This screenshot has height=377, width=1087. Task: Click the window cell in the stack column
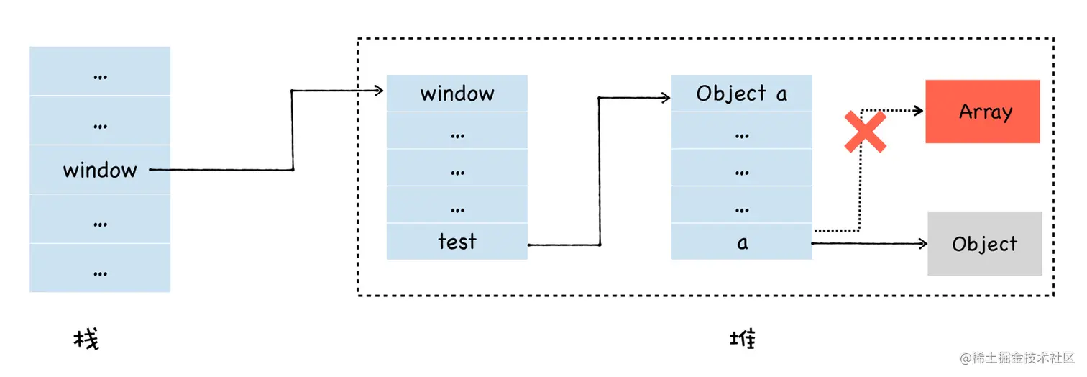point(100,170)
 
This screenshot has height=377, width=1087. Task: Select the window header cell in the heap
point(457,94)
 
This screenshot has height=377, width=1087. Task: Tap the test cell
point(457,242)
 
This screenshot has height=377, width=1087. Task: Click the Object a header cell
point(741,94)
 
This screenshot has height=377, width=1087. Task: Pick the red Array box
point(983,112)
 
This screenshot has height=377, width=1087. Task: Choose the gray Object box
point(985,243)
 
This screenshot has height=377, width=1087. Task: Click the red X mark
point(866,132)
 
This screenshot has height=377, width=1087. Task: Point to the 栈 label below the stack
point(86,339)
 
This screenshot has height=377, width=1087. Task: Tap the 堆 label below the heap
point(743,339)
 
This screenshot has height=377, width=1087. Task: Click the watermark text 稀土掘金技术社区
point(1022,358)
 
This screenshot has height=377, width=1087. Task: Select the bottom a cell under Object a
point(741,242)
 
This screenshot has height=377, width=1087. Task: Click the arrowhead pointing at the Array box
point(918,111)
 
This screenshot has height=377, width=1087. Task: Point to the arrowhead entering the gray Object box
point(922,243)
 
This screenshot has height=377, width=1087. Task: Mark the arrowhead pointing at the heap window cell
point(378,91)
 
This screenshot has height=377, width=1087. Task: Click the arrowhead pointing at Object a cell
point(665,98)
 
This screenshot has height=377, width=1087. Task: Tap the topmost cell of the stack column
point(100,71)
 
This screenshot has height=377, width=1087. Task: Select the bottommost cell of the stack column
point(100,268)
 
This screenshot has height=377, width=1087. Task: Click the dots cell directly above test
point(457,204)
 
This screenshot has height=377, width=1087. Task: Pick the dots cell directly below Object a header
point(741,130)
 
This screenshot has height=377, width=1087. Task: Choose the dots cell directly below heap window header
point(457,130)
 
